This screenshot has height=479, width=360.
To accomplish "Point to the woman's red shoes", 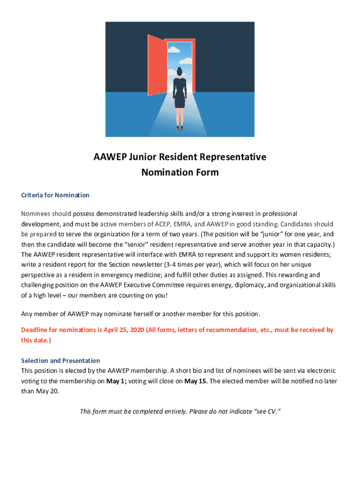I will point(180,127).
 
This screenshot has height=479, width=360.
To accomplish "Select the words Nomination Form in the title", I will point(180,172).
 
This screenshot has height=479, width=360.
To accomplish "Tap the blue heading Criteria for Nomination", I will point(55,195).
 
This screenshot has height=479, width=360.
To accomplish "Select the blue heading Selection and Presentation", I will point(60,361).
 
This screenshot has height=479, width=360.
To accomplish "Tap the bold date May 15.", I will point(196,381).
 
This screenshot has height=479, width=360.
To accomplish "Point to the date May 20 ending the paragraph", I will point(47,391).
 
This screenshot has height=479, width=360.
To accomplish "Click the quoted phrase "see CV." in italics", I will point(266,412).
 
